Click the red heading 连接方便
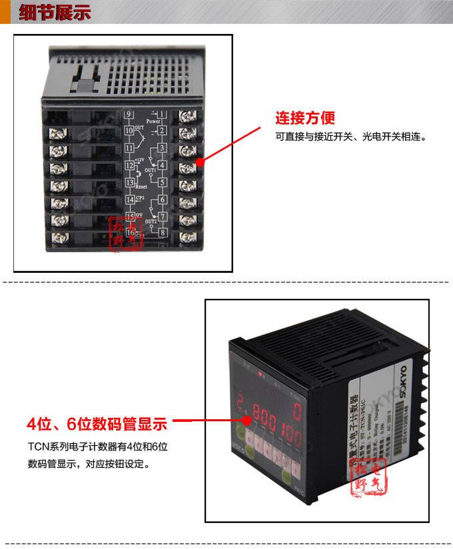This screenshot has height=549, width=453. point(305,118)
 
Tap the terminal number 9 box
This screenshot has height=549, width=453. point(129,114)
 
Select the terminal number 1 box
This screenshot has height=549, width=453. point(161,114)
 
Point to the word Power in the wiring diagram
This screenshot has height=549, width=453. point(153,122)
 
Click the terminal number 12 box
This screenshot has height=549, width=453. point(129,165)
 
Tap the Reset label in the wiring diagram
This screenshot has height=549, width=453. point(141,187)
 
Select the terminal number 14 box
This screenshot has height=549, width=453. point(130,199)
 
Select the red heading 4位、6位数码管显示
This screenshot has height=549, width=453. point(97,423)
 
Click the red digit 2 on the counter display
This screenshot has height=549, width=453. point(238,403)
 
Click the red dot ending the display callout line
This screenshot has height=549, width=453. point(248,421)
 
